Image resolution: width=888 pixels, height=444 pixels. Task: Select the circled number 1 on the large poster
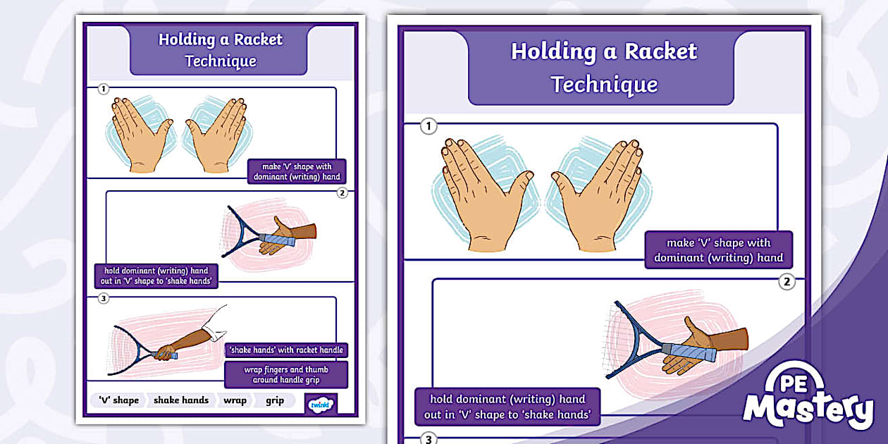(428, 127)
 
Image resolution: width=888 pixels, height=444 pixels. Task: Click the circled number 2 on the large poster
(787, 282)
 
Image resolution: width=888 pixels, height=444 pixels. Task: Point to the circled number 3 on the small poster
(104, 298)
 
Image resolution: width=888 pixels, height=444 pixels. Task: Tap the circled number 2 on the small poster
(343, 192)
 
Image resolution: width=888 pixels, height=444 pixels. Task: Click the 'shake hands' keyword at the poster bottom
(181, 400)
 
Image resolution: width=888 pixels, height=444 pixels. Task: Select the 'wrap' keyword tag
(235, 400)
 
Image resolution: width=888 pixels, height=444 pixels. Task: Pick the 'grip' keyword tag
(275, 400)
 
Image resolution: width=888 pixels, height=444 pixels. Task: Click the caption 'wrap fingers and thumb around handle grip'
(286, 375)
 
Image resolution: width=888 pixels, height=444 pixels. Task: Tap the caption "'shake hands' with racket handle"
(286, 350)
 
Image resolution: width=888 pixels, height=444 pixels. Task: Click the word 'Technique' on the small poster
(221, 61)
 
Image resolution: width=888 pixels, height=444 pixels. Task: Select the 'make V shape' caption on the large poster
(718, 250)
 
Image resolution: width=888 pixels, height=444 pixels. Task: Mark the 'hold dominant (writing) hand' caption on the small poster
(156, 276)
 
